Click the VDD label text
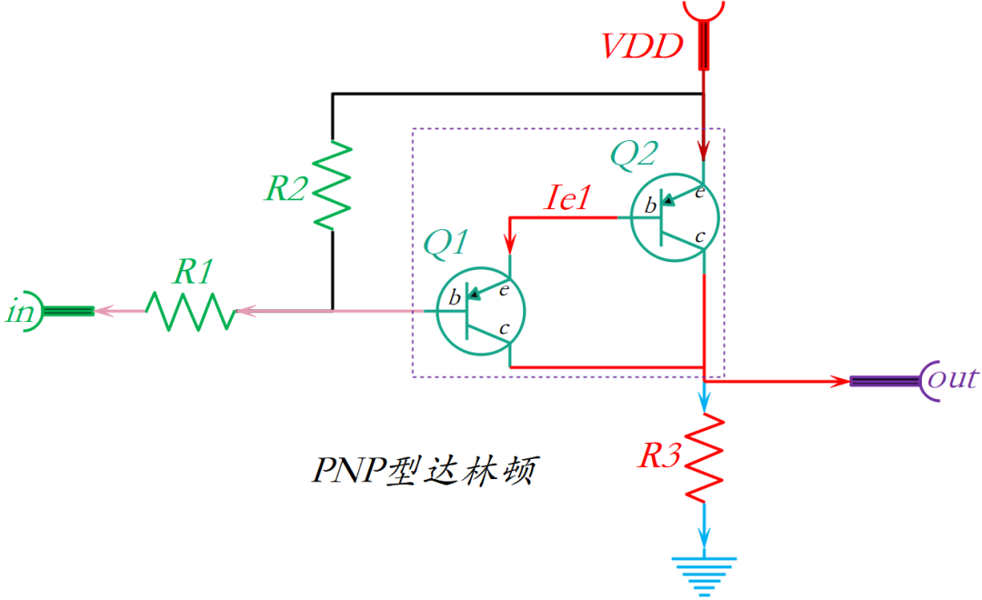click(x=642, y=46)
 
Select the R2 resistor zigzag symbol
click(x=332, y=185)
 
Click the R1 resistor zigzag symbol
click(x=191, y=311)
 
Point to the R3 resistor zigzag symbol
click(x=705, y=459)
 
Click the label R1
click(x=194, y=272)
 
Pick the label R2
click(x=286, y=188)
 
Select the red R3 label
click(x=659, y=455)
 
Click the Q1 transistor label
click(x=446, y=243)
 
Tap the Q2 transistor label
click(x=634, y=154)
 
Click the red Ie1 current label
click(x=568, y=198)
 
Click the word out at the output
click(x=953, y=378)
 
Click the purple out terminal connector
click(x=895, y=381)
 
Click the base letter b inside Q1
click(x=455, y=297)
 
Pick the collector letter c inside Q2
click(x=700, y=236)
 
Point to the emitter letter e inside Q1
click(x=504, y=290)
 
